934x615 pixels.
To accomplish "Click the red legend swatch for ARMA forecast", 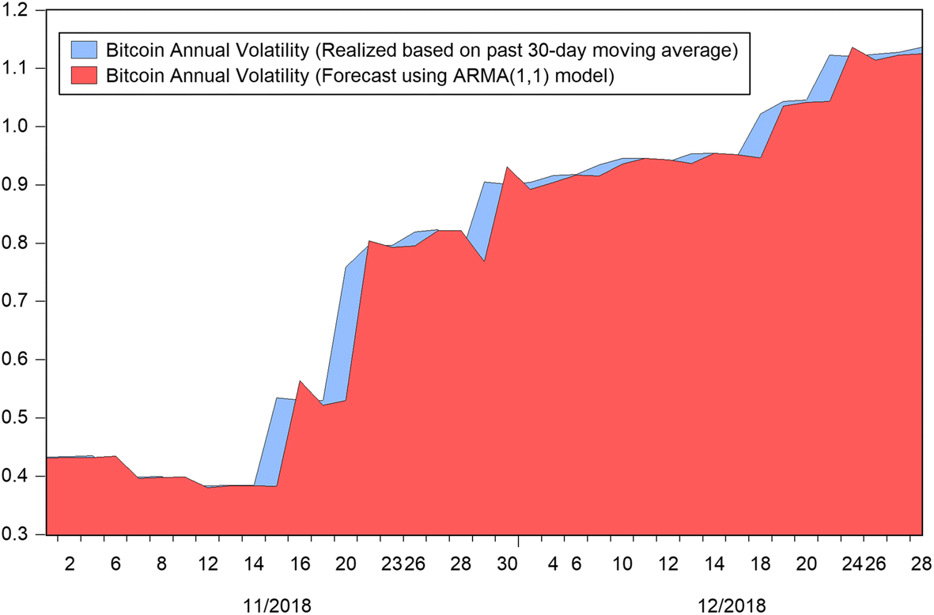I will coord(83,77).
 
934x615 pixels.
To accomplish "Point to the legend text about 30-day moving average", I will coord(422,52).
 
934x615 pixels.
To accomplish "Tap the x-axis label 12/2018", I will coord(732,606).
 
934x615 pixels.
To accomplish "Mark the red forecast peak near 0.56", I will coord(300,382).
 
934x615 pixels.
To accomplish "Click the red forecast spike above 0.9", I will coord(506,168).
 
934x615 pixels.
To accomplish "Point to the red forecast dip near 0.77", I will coord(484,261).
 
